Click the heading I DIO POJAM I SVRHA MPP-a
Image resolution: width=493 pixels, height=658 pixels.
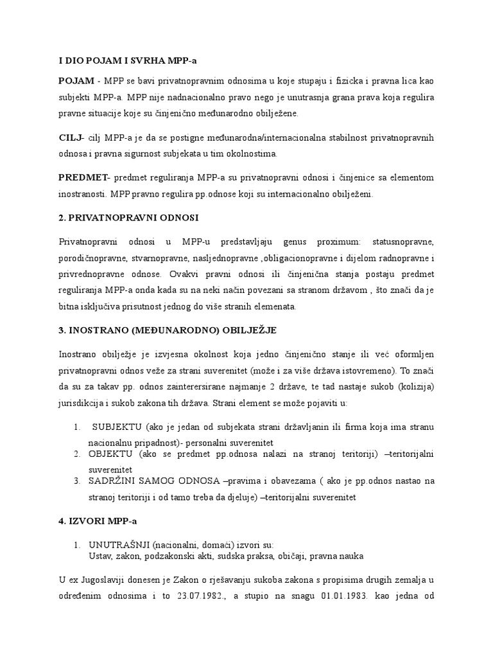[128, 60]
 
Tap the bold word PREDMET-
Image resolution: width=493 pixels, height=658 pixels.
[85, 177]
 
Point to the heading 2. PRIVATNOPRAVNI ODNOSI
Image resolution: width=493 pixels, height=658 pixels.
[129, 218]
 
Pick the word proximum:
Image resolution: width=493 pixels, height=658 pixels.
[339, 241]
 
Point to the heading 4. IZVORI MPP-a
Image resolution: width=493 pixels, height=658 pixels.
[97, 520]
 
